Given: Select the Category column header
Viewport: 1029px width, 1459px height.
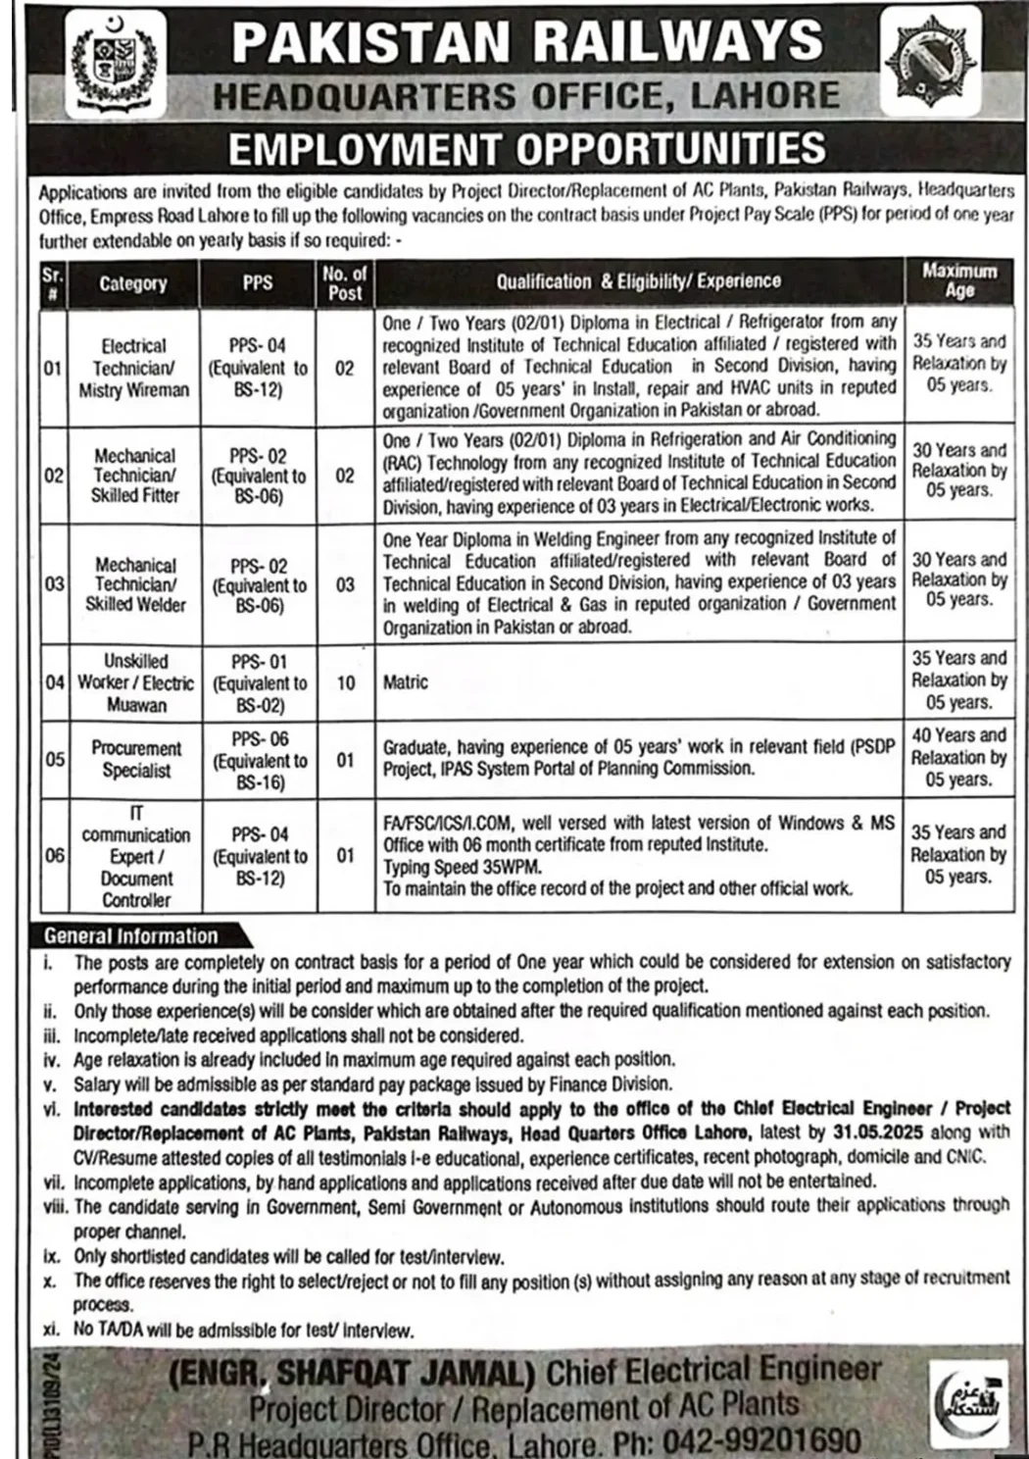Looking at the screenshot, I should click(133, 283).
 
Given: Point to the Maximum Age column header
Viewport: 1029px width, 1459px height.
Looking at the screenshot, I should click(958, 280).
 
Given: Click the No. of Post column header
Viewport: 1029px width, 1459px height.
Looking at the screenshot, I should click(345, 283).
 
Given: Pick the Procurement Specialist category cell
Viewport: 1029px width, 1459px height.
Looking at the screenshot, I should click(136, 760).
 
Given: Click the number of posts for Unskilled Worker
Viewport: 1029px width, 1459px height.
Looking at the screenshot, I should click(345, 682).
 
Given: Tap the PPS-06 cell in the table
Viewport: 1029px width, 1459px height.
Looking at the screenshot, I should click(260, 760).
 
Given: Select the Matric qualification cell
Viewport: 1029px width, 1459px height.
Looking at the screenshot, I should click(406, 682).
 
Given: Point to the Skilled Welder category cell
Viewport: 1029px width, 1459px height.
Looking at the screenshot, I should click(135, 584).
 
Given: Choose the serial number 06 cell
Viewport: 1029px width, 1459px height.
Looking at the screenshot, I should click(54, 855).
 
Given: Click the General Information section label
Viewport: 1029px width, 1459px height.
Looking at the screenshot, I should click(131, 936).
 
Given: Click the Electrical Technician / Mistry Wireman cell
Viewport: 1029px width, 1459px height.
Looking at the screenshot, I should click(133, 368).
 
